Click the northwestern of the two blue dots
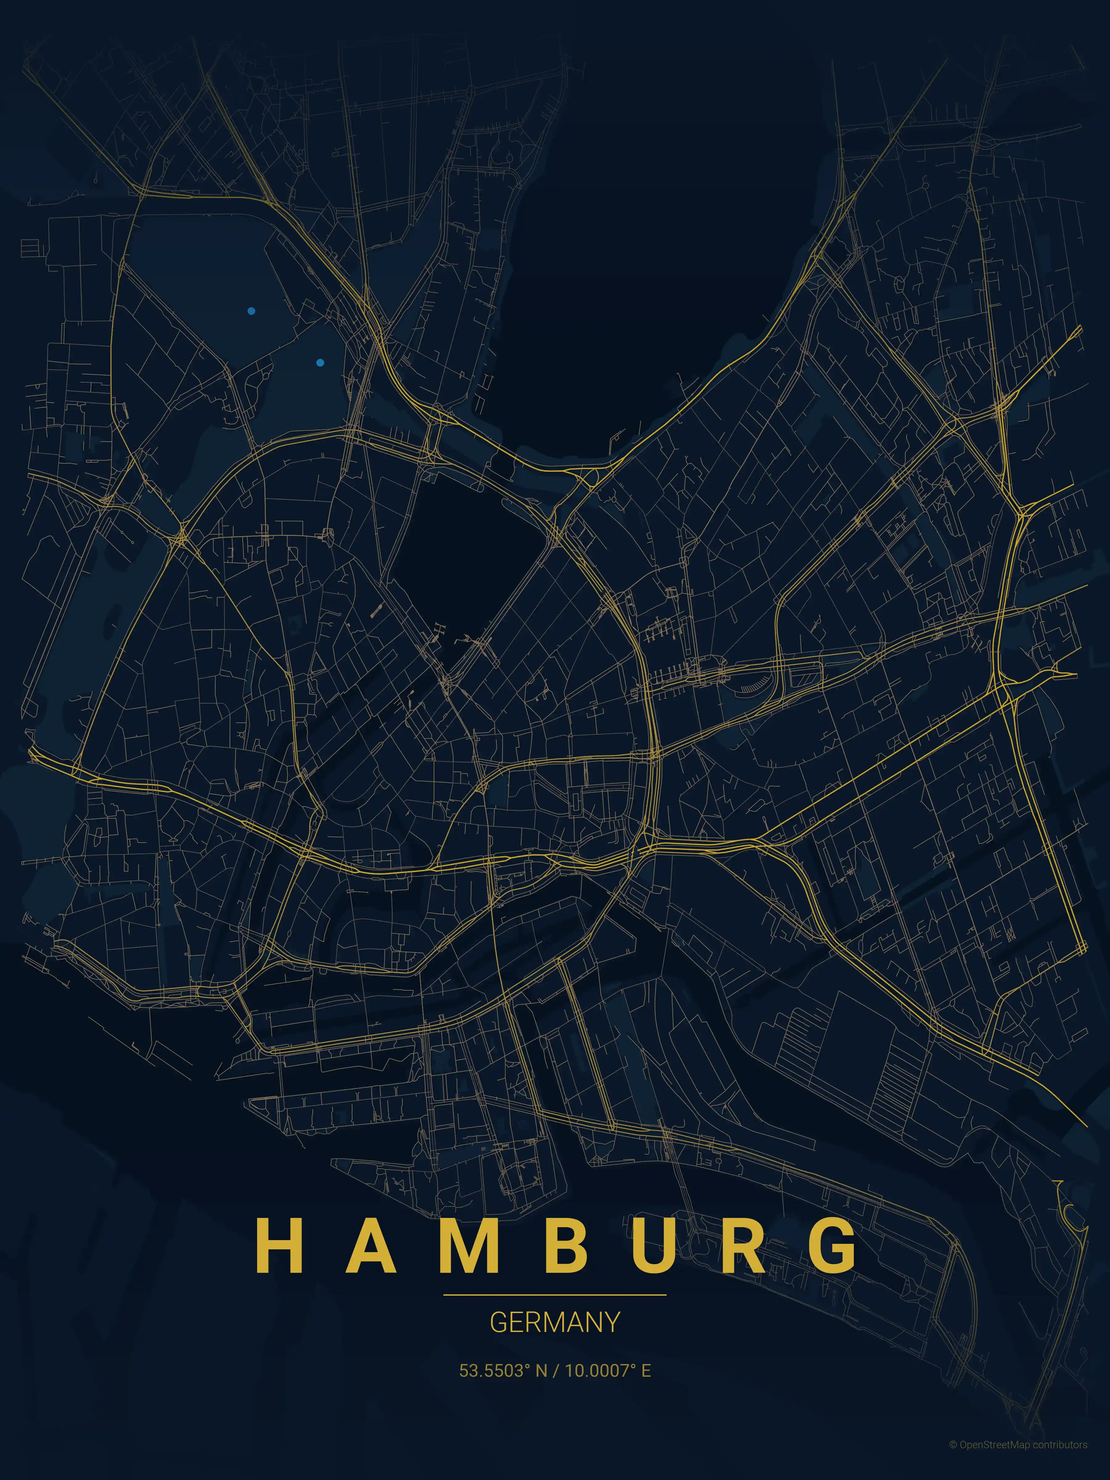point(251,311)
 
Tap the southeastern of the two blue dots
point(320,363)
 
